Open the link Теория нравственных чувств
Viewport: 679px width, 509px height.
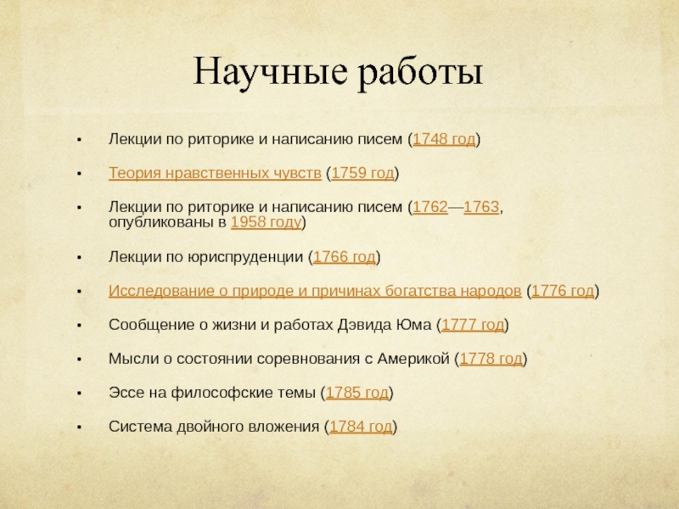pos(215,173)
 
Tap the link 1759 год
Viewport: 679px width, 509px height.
pos(362,173)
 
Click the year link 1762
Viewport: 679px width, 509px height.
pos(430,208)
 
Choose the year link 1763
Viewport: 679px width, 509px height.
pos(481,208)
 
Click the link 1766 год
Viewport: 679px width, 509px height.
pos(345,257)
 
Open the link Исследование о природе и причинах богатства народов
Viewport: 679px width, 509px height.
pos(315,291)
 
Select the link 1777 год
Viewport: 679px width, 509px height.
pos(473,325)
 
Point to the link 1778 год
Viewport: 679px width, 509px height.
pos(491,359)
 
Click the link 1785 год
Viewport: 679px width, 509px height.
pos(358,393)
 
